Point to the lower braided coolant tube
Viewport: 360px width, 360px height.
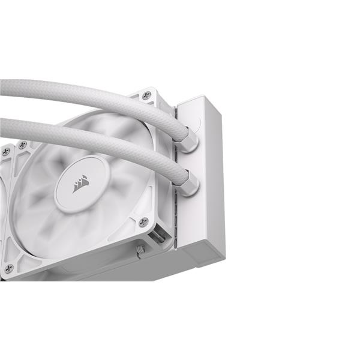tap(90, 137)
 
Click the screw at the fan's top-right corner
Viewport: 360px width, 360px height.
tap(146, 95)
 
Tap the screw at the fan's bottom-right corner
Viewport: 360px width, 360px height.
tap(143, 222)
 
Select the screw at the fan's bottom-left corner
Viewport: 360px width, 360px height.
tap(8, 269)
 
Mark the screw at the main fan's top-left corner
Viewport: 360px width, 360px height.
tap(22, 145)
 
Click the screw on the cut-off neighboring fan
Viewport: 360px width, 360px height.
tap(5, 151)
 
